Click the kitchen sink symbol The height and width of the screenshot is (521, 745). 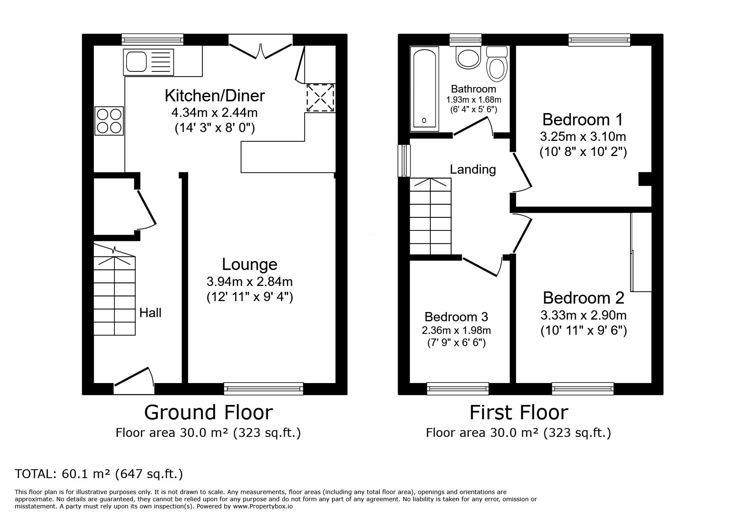tap(148, 62)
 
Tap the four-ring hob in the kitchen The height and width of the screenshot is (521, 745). tap(109, 121)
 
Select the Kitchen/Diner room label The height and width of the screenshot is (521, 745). tap(215, 96)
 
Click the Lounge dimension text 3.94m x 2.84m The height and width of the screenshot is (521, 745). tap(249, 281)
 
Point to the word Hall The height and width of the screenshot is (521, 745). tap(150, 313)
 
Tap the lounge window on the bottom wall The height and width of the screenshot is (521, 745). tap(263, 389)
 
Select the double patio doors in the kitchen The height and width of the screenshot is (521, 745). tap(260, 47)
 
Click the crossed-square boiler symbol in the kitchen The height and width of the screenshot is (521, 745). tap(320, 98)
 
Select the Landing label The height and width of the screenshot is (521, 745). tap(473, 169)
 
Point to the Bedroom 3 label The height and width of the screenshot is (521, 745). tap(456, 317)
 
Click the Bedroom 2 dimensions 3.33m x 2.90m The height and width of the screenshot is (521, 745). tap(583, 315)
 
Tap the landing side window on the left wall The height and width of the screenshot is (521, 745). tap(405, 160)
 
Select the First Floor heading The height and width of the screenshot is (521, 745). tap(518, 412)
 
